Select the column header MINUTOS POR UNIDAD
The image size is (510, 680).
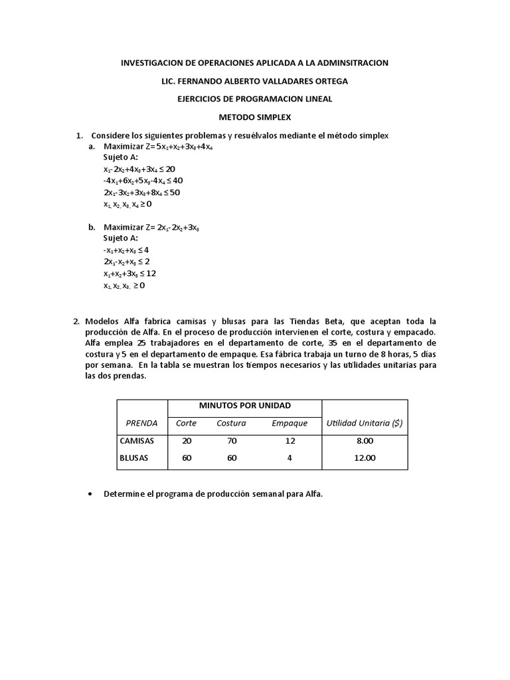coord(245,406)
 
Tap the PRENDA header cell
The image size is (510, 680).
coord(141,423)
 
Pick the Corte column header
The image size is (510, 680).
coord(186,423)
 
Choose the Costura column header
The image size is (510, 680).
coord(231,423)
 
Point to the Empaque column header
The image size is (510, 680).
coord(290,423)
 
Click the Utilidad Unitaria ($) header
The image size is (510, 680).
coord(365,423)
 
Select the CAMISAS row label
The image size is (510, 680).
coord(137,440)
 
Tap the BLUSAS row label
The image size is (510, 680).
coord(135,458)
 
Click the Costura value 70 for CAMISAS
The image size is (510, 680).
coord(231,440)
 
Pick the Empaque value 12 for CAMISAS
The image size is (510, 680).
coord(290,440)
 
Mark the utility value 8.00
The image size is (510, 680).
coord(365,440)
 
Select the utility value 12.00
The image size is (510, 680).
coord(365,458)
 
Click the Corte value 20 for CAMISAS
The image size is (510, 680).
coord(186,440)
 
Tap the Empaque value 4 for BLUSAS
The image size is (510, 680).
coord(290,458)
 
